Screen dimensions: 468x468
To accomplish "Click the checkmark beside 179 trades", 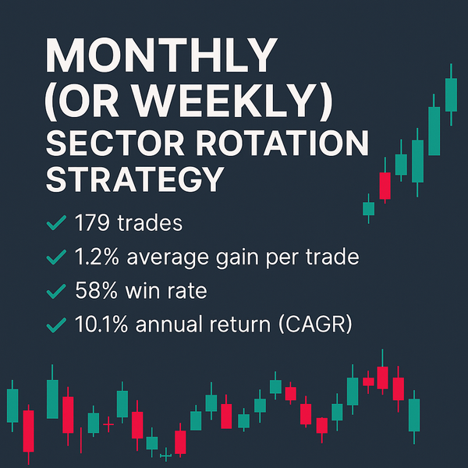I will click(x=55, y=225).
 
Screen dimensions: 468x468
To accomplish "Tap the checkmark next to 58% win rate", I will click(x=55, y=290).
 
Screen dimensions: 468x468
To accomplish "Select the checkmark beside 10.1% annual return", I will click(x=55, y=322).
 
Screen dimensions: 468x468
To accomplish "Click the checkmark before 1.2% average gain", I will click(x=55, y=257).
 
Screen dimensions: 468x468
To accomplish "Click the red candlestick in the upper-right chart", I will click(x=385, y=186).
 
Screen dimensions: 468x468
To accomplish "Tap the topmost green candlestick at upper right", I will click(x=451, y=94).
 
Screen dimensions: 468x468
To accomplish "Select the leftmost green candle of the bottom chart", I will click(x=12, y=404).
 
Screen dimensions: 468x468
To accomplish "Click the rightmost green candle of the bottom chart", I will click(x=413, y=415).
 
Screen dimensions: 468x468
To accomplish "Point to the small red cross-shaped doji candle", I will click(x=108, y=425).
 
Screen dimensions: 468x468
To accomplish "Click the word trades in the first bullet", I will click(x=153, y=224).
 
